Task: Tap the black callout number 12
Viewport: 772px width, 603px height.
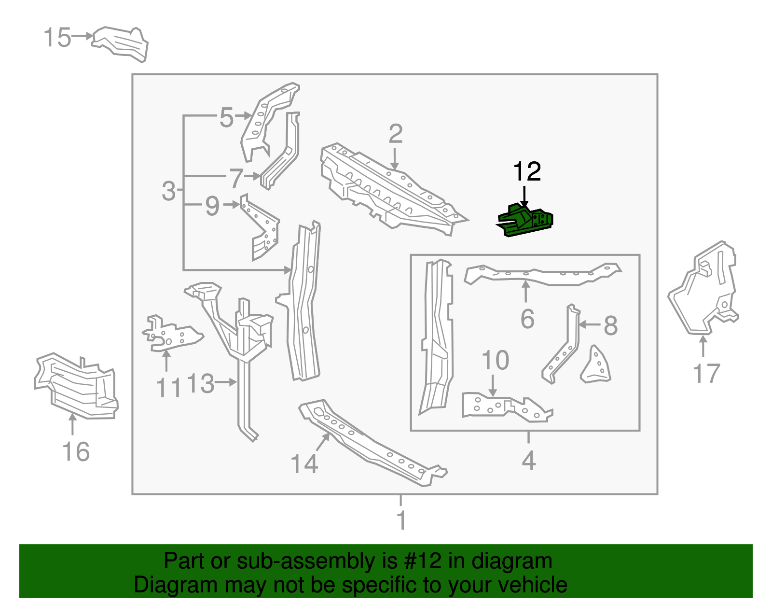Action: [x=527, y=172]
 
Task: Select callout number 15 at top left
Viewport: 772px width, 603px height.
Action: [x=57, y=38]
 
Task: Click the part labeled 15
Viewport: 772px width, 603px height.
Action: [x=121, y=42]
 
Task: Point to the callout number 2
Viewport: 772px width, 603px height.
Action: [x=395, y=134]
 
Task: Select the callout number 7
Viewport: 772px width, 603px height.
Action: [x=236, y=178]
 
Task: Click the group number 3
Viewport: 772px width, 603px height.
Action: [x=169, y=191]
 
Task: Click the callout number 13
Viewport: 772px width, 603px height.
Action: [x=200, y=384]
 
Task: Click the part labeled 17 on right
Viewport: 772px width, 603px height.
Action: [x=704, y=290]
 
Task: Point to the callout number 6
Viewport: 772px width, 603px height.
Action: [x=527, y=319]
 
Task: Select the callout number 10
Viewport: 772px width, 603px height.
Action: [x=495, y=361]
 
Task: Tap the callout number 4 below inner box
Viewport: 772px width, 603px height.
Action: [x=528, y=461]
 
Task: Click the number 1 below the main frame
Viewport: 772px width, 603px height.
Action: [x=401, y=521]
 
